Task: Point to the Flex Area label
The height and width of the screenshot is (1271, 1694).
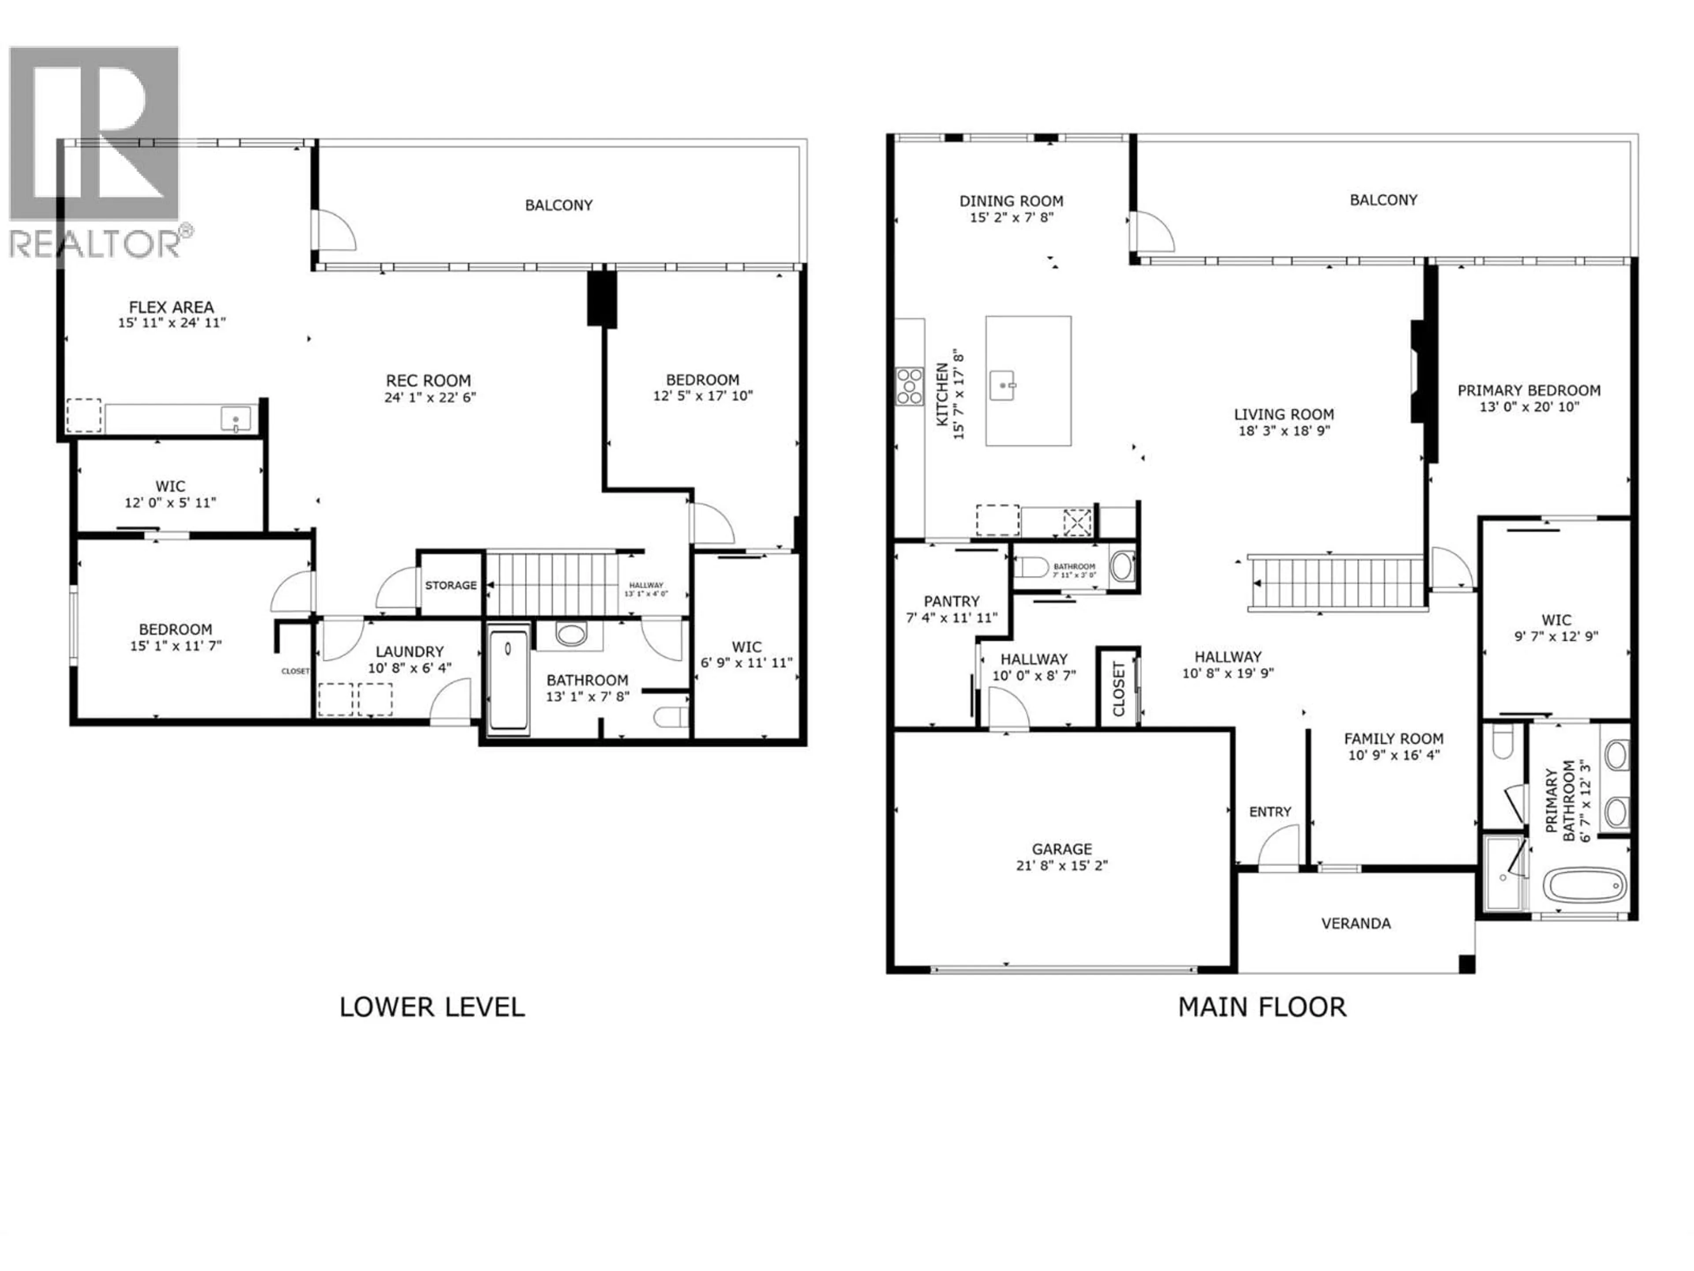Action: tap(172, 306)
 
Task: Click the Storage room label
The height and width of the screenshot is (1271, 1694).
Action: tap(450, 585)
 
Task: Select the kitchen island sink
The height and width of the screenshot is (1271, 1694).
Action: tap(1002, 384)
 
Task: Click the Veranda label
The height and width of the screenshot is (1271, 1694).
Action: tap(1356, 923)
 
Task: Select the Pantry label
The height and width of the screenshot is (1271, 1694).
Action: tap(951, 602)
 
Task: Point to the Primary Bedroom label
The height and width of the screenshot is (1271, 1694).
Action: tap(1529, 390)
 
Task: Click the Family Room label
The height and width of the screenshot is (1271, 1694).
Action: tap(1394, 738)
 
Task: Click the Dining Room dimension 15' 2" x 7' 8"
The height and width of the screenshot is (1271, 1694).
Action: tap(1011, 218)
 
